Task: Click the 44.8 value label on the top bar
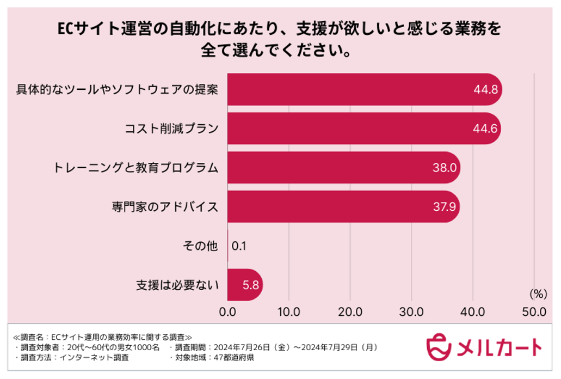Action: pos(486,89)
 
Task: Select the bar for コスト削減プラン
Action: pos(359,129)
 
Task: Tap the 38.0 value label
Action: pos(444,168)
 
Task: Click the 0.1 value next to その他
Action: pos(239,246)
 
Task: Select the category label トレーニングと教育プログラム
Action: pos(135,168)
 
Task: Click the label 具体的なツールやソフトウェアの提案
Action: pos(117,89)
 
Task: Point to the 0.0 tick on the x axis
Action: pos(227,312)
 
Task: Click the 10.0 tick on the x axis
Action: pos(288,312)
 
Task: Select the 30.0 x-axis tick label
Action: pos(411,312)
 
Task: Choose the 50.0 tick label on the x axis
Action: pos(534,312)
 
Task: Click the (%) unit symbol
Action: pos(538,294)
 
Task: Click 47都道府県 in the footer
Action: pos(235,358)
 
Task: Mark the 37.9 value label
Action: pos(443,207)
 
